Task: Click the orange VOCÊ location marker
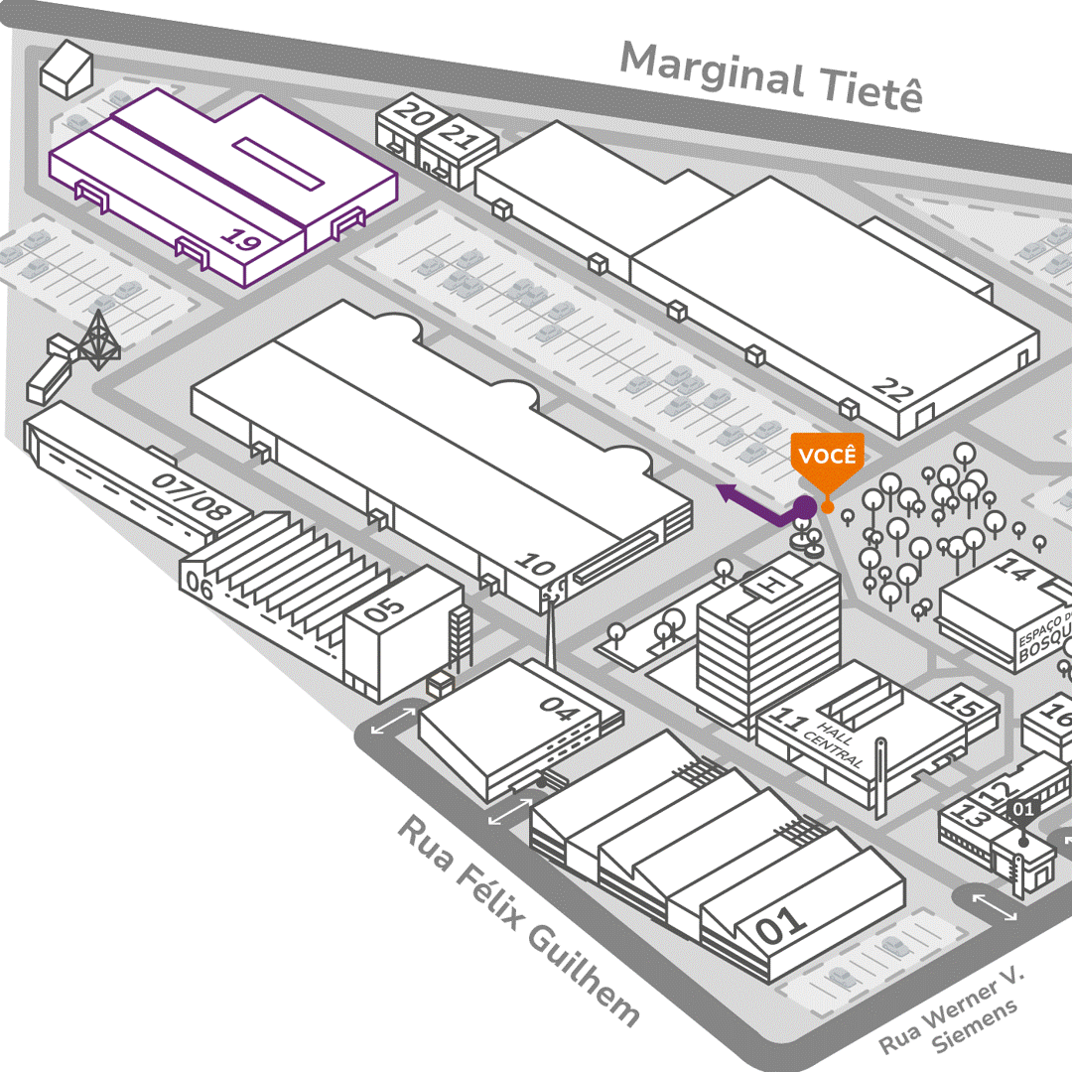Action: click(826, 458)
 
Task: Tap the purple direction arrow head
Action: click(729, 491)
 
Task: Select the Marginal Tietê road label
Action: click(771, 77)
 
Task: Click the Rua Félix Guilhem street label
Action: click(518, 920)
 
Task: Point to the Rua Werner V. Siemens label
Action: click(950, 1012)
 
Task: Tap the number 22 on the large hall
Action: click(893, 391)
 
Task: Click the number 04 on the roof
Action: click(558, 707)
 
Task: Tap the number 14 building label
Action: click(1013, 569)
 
